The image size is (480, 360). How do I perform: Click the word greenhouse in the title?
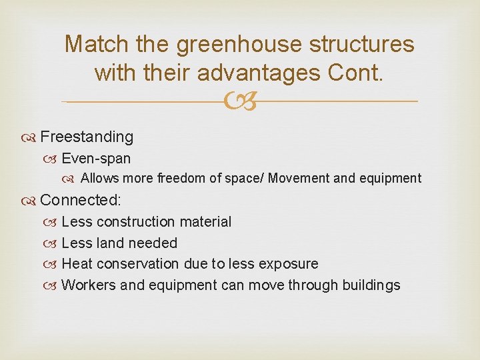[x=226, y=45]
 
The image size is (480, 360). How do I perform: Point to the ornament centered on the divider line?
[x=240, y=101]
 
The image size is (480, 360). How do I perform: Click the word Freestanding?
[x=87, y=137]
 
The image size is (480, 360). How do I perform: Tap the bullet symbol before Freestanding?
[x=32, y=137]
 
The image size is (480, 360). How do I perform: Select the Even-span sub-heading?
[x=96, y=159]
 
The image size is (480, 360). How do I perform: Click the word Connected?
[x=80, y=199]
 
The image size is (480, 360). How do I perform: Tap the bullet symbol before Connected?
[x=32, y=200]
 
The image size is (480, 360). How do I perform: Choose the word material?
[x=207, y=221]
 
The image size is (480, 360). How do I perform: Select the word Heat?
[x=75, y=264]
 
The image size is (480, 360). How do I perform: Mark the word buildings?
[x=371, y=285]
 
